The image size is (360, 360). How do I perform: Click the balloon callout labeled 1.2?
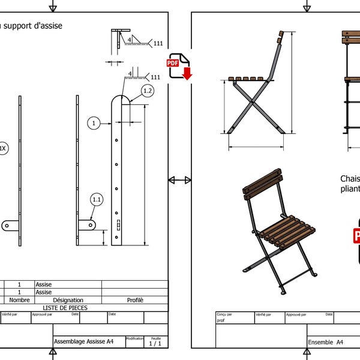148,91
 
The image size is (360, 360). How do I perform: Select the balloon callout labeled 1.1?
97,199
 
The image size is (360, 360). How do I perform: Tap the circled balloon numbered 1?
94,124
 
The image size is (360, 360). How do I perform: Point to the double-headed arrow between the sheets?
179,180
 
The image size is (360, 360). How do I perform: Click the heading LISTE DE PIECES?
65,308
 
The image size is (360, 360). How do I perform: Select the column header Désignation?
68,300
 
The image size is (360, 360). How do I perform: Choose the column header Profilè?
135,300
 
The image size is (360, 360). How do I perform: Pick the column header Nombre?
19,300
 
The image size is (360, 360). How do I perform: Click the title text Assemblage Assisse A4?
84,342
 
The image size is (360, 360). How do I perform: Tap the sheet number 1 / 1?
155,344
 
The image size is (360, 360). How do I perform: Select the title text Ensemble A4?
326,342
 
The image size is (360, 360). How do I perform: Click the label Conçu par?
225,314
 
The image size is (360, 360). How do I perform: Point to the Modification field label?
134,338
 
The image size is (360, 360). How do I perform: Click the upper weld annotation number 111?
158,44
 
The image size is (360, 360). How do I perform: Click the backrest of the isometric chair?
263,183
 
